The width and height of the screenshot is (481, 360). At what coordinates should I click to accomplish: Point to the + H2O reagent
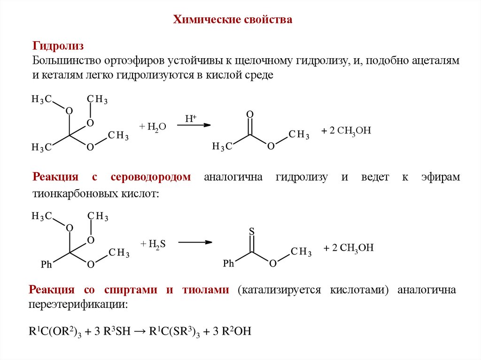coord(153,127)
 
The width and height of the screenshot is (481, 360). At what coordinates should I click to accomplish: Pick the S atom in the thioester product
coord(251,231)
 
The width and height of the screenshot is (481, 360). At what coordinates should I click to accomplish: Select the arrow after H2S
coord(195,242)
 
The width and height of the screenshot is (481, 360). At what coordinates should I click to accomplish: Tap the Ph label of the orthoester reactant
coord(47,265)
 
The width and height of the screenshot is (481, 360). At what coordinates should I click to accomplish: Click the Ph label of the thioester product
coord(228,264)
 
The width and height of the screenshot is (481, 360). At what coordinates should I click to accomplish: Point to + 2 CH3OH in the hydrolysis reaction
coord(346,131)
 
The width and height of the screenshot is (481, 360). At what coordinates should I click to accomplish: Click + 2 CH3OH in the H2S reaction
coord(349,248)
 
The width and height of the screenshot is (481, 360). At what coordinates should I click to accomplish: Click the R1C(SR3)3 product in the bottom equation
coord(175,331)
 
